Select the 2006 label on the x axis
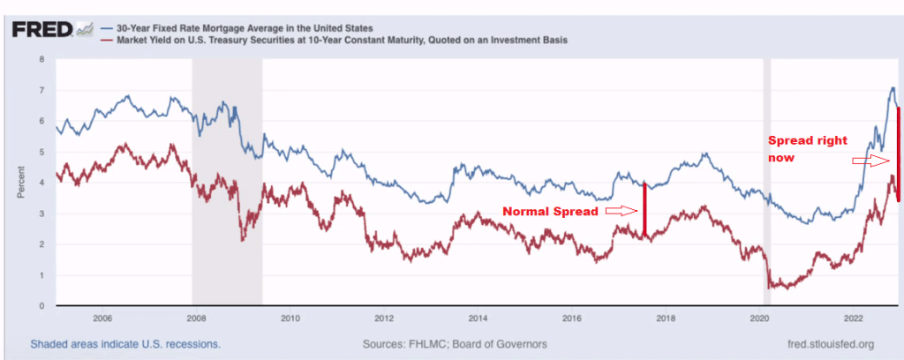coord(102,319)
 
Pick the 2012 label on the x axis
coord(383,319)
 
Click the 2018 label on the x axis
coord(666,319)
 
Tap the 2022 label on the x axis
coord(854,319)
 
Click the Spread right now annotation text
coord(807,149)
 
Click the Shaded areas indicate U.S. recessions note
coord(125,344)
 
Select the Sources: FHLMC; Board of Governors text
coord(454,344)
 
